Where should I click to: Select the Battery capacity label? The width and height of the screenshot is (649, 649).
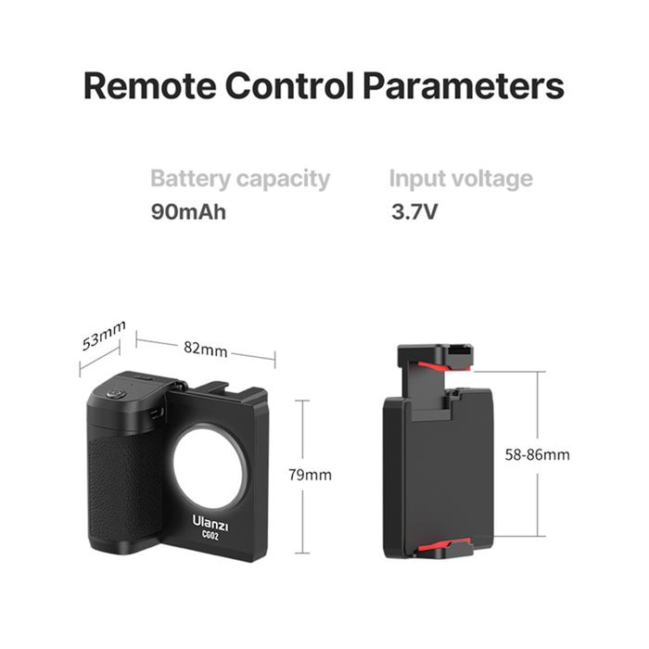[240, 178]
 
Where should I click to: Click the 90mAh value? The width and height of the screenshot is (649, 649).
[188, 211]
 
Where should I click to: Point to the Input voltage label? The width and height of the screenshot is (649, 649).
[461, 178]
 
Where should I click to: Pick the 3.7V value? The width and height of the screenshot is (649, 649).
[414, 211]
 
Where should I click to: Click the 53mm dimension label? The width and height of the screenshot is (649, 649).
[103, 336]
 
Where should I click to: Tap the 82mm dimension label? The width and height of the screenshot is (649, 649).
[205, 349]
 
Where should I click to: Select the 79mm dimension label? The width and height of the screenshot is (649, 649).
[310, 475]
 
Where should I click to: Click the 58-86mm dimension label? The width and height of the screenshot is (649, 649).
[538, 454]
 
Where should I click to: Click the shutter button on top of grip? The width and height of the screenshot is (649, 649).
[117, 393]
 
